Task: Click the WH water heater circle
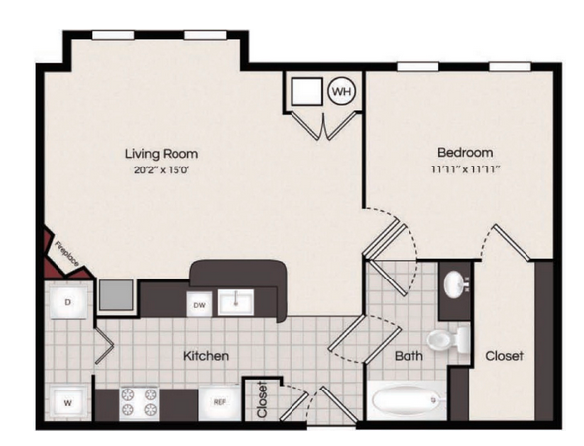point(341,91)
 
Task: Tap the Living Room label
point(162,154)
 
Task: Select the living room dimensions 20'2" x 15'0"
point(162,170)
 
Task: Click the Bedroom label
point(465,152)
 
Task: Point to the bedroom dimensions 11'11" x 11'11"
point(465,169)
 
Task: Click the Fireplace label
point(67,254)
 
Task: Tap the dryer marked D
point(68,302)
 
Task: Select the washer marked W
point(68,403)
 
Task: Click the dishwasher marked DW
point(199,305)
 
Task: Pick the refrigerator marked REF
point(219,402)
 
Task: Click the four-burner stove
point(139,402)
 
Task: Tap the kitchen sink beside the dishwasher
point(235,302)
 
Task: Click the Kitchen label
point(206,356)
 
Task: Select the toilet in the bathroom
point(447,340)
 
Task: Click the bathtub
point(408,400)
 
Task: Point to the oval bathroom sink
point(455,284)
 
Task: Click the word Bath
point(409,356)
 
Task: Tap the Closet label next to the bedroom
point(504,356)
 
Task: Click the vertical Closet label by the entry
point(262,399)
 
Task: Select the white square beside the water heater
point(307,91)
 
